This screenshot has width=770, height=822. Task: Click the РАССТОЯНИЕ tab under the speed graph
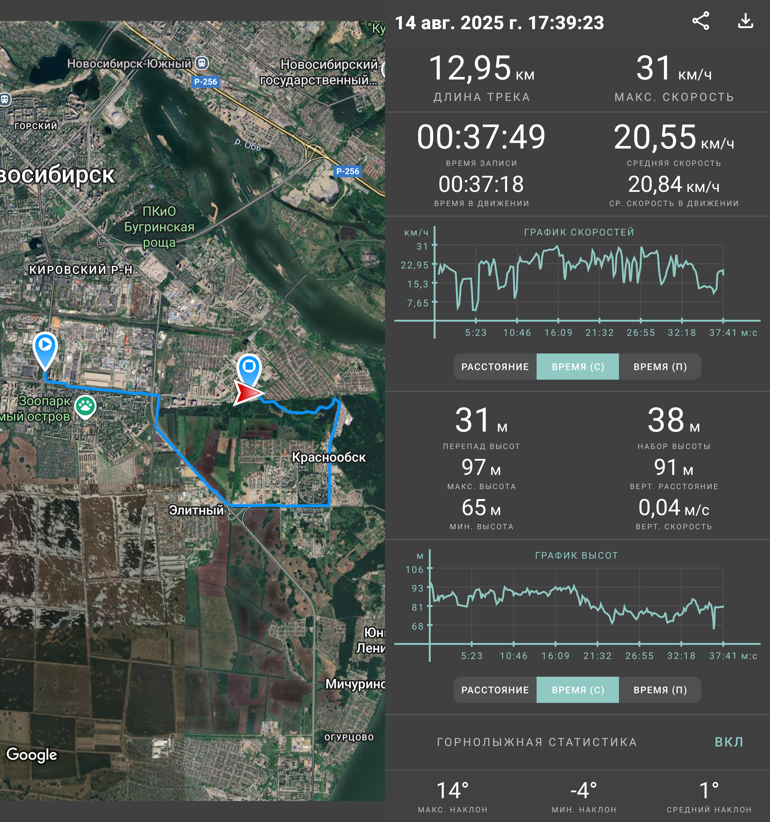495,367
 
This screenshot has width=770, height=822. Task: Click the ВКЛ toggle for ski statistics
729,742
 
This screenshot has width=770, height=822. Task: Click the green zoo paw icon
86,407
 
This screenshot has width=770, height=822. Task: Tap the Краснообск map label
329,457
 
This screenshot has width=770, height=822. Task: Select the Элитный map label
196,510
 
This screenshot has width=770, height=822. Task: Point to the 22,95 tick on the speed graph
414,265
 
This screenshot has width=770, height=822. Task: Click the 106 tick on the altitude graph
414,569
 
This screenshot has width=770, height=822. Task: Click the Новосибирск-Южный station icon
202,63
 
